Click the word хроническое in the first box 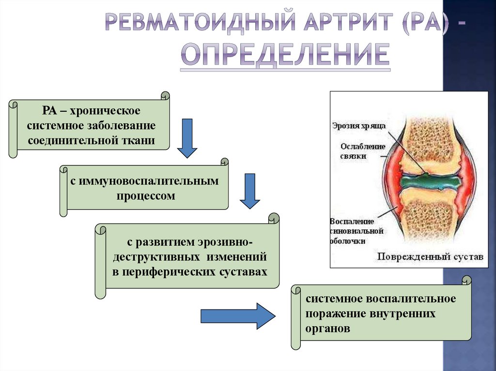105,111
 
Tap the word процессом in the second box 145,196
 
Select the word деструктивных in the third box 155,256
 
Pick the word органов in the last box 327,328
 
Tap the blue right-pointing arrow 238,316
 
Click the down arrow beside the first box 186,138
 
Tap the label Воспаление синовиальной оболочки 356,231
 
